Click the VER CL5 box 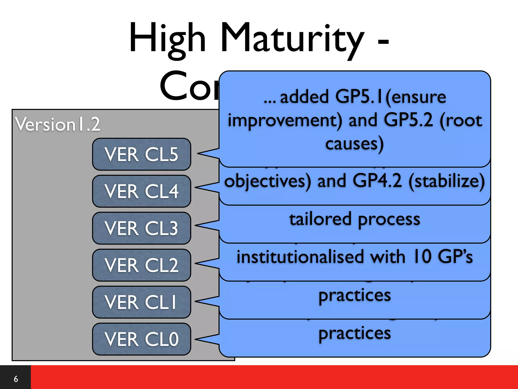click(x=141, y=154)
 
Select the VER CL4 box click(x=141, y=191)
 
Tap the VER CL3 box click(x=141, y=228)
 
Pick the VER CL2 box click(x=141, y=265)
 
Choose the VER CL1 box click(x=141, y=302)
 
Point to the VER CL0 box click(x=141, y=339)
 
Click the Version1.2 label click(x=58, y=124)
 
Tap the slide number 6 click(x=16, y=379)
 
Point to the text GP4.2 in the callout click(x=377, y=181)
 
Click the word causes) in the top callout click(x=354, y=144)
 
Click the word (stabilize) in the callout click(x=447, y=181)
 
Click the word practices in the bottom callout click(x=354, y=333)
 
